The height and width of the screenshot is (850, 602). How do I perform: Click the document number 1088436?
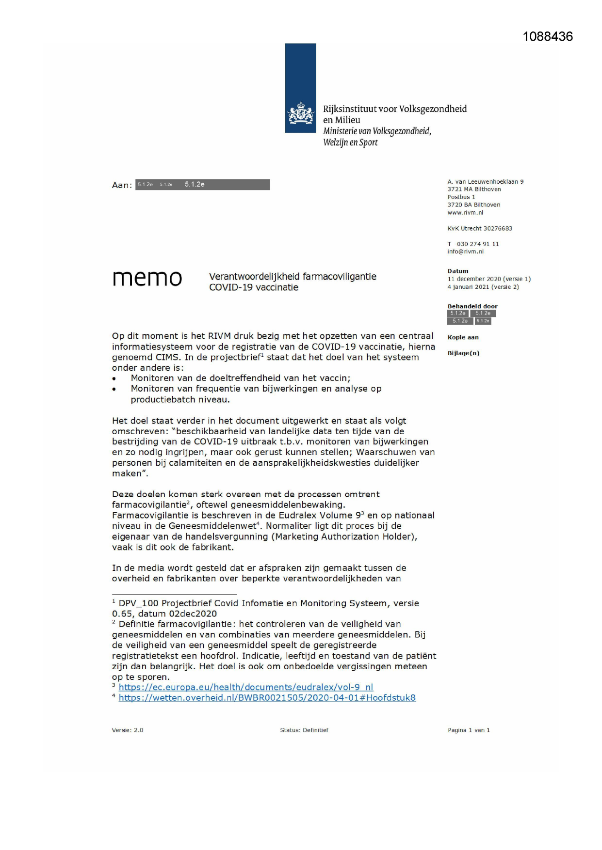(547, 37)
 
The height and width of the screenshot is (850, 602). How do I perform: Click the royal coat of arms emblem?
(300, 114)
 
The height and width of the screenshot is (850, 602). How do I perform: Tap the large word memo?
(147, 279)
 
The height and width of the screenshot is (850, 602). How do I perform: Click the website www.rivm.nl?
(465, 213)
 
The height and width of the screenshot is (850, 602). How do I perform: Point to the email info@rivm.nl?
(465, 252)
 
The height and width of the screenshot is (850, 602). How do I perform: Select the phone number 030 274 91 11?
(477, 244)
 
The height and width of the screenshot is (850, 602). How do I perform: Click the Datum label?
(457, 271)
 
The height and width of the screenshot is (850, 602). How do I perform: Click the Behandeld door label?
(472, 306)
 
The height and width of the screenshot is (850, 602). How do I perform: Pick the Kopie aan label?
(463, 337)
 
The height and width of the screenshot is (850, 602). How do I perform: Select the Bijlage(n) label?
(463, 353)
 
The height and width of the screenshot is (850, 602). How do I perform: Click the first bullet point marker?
(114, 378)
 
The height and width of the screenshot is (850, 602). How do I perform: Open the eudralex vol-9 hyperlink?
(245, 687)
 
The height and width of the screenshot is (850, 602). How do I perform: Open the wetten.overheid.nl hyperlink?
(267, 698)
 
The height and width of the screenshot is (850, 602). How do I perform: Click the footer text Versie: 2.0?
(128, 730)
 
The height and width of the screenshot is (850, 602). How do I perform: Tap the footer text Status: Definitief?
(304, 730)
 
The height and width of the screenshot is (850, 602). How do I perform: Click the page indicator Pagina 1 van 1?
(469, 730)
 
